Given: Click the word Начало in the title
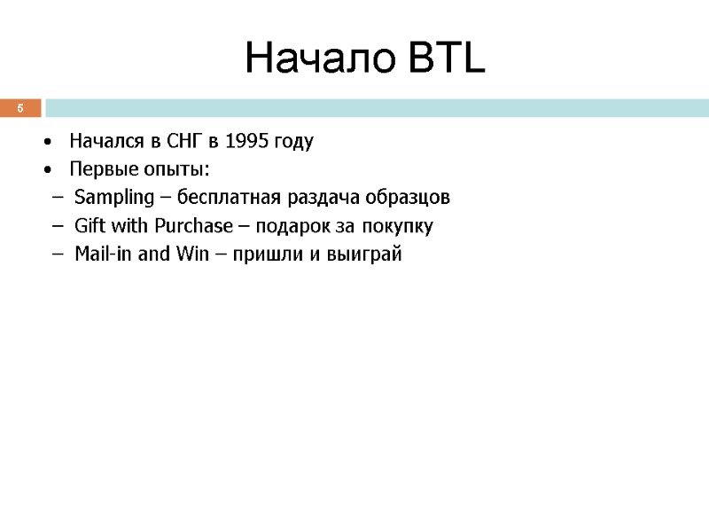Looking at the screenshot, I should (320, 59).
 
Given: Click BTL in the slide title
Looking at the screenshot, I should (448, 59).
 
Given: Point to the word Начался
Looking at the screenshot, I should (106, 141).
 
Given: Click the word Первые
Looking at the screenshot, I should (100, 169).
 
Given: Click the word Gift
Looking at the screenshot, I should (89, 226).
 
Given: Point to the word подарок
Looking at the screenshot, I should (294, 226).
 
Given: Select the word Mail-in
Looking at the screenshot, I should (104, 254).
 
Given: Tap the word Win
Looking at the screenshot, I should (191, 254).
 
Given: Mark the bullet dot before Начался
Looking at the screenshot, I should (46, 142).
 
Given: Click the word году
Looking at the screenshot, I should (292, 141).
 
